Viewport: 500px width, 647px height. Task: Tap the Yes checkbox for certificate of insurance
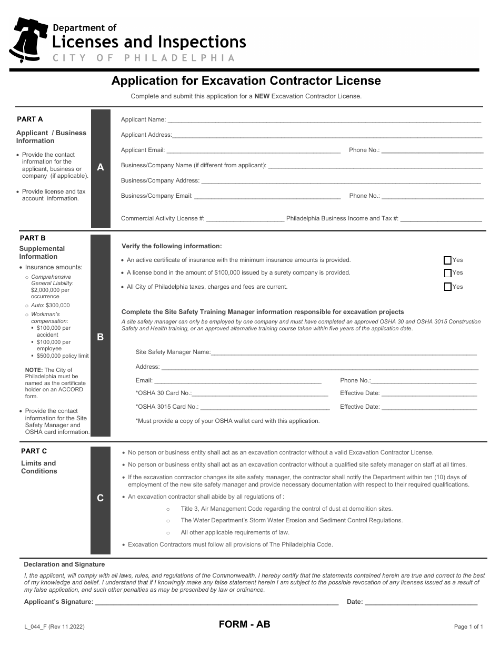tap(448, 260)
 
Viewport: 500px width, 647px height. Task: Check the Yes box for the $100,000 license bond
tap(448, 273)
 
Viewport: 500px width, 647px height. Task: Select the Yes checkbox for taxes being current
tap(448, 287)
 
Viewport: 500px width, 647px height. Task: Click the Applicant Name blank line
tap(324, 120)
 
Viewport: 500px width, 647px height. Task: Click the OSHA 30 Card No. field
tap(260, 393)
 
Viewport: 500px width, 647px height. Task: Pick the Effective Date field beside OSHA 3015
tap(429, 407)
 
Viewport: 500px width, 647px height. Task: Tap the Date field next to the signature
tap(421, 602)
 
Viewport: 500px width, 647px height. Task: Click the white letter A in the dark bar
tap(101, 167)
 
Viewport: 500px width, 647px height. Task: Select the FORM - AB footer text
tap(245, 625)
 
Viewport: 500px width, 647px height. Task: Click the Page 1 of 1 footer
tap(468, 626)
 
